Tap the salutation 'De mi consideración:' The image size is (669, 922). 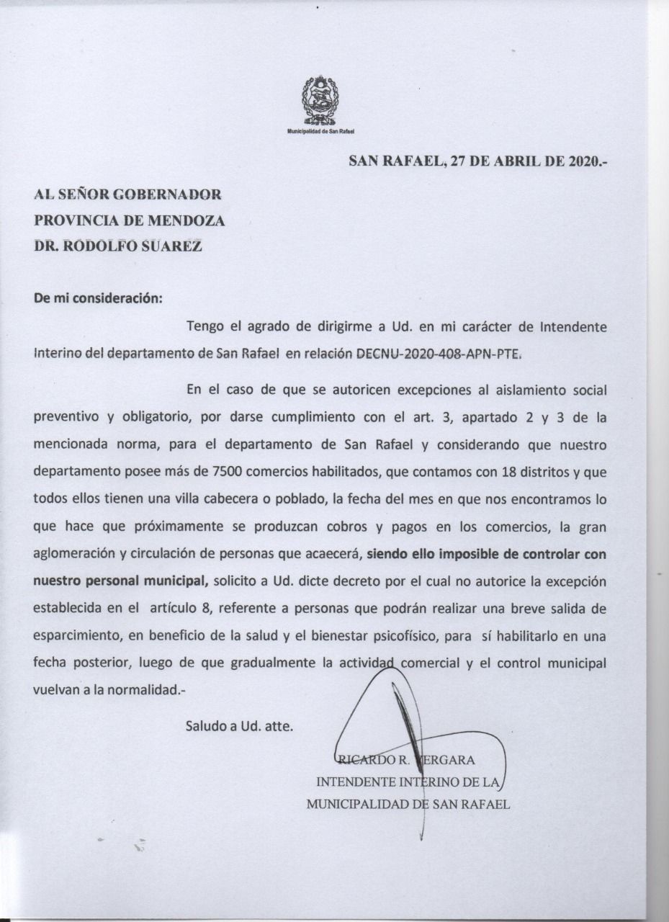[x=98, y=298]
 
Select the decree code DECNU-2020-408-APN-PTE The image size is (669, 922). [x=439, y=354]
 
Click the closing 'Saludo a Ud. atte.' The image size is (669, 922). [x=239, y=726]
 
